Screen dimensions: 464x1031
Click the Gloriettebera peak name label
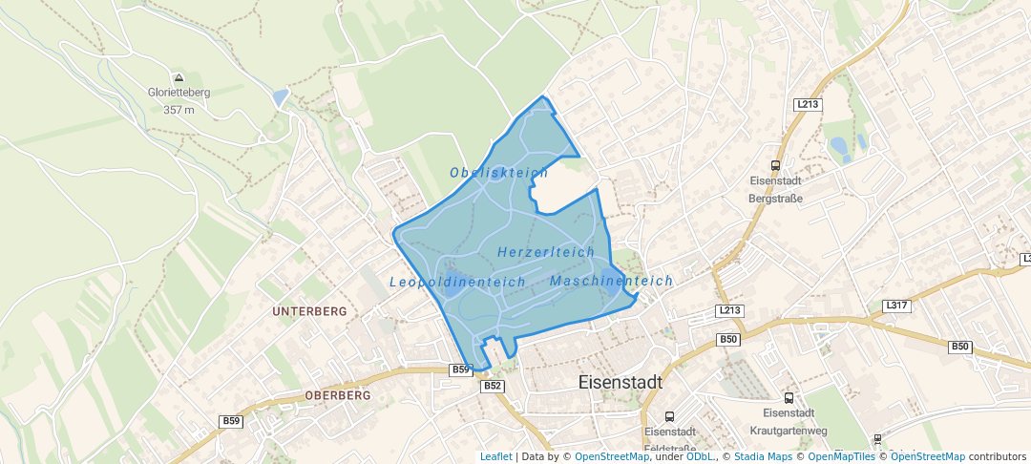click(179, 93)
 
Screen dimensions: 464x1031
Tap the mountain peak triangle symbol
click(179, 77)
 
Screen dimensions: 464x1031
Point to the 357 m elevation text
click(179, 110)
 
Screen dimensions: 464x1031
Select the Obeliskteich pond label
click(498, 173)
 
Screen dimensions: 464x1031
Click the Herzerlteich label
click(546, 251)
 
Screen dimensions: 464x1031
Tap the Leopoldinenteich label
click(457, 283)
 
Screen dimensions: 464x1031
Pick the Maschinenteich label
click(611, 282)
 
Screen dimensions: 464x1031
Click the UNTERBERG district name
click(310, 312)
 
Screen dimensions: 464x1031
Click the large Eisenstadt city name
click(621, 382)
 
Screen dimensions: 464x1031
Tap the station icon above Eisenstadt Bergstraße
click(775, 165)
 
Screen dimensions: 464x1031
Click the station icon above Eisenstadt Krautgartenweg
click(789, 397)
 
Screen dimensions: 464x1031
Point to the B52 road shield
click(493, 386)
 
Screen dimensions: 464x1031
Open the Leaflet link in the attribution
click(495, 457)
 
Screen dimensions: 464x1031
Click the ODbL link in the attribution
click(700, 457)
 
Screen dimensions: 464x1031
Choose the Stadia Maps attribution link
click(763, 457)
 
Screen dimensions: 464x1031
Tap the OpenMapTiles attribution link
click(840, 457)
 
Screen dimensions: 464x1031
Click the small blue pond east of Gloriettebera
click(279, 97)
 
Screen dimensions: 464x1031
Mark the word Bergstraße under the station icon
click(775, 199)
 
